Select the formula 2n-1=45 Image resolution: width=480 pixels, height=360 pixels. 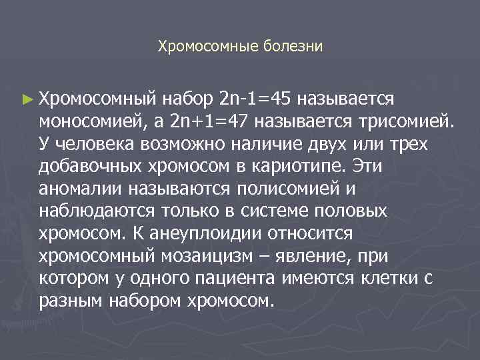pos(255,99)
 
